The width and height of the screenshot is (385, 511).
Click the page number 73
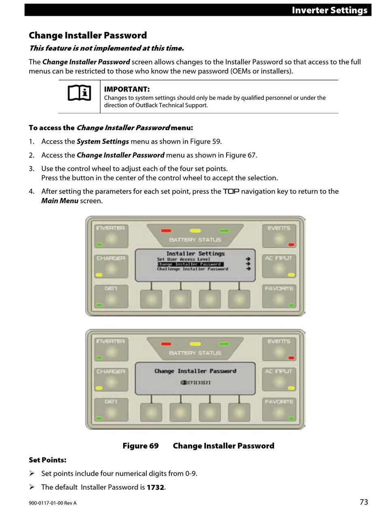coord(364,502)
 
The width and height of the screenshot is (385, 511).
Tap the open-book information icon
coord(79,93)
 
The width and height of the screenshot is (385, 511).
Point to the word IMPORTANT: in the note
coord(127,89)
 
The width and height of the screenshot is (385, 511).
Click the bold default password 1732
coord(155,487)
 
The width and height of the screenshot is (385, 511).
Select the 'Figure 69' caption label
coord(141,446)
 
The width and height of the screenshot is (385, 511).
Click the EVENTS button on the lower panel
coord(278,349)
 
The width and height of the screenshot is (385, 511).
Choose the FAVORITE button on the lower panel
coord(279,410)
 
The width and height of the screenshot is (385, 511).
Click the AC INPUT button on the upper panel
coord(279,266)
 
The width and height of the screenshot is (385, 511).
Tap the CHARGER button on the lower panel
coord(111,380)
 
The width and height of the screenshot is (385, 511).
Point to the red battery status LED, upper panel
coord(166,231)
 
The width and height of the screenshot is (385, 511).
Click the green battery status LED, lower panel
coord(224,344)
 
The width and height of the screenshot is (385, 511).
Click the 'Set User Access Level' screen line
coord(184,259)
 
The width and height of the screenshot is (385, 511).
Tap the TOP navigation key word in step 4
coord(231,191)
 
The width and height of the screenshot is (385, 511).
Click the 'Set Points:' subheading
coord(47,460)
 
